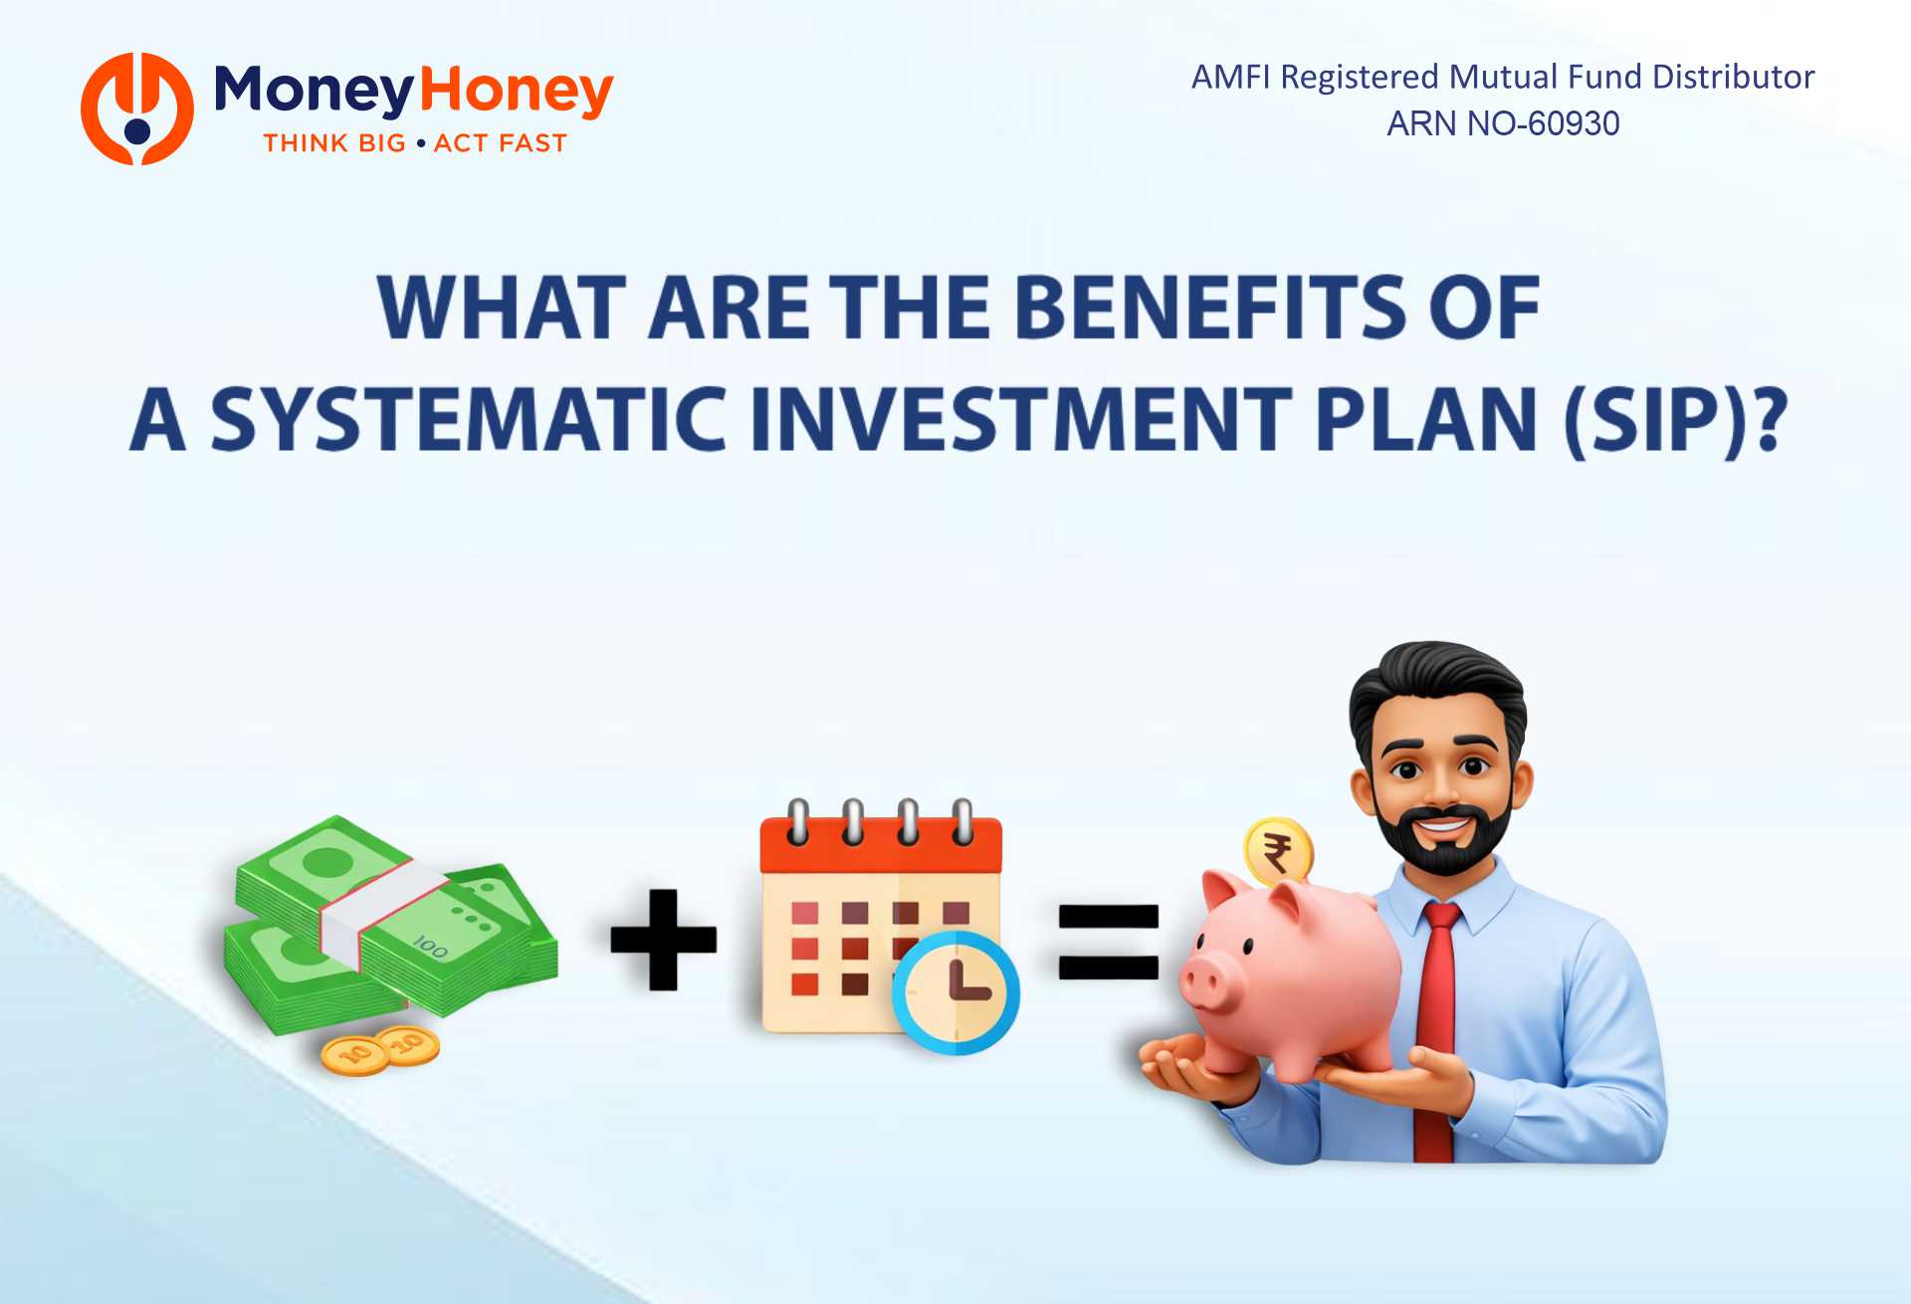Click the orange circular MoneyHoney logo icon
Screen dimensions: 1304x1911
pos(137,109)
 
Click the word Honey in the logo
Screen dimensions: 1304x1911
pos(516,92)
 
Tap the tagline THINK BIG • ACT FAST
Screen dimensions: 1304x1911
pos(415,143)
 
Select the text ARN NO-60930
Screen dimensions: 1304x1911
pos(1503,123)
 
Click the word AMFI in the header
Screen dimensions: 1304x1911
pos(1230,77)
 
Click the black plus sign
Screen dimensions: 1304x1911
pos(663,940)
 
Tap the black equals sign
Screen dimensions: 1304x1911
pos(1108,942)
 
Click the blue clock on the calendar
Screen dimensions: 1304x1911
pos(955,992)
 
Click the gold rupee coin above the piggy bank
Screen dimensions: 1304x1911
pos(1278,852)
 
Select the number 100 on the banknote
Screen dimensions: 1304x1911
pos(430,946)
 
